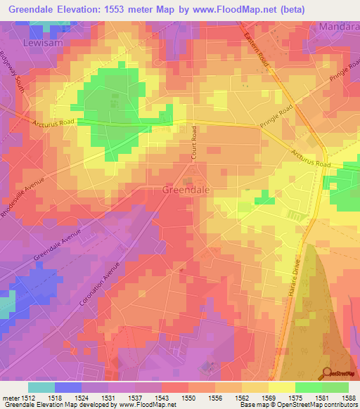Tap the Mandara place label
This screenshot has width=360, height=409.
point(338,27)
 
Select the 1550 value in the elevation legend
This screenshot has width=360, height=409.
point(188,398)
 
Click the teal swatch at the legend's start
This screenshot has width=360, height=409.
point(41,387)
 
